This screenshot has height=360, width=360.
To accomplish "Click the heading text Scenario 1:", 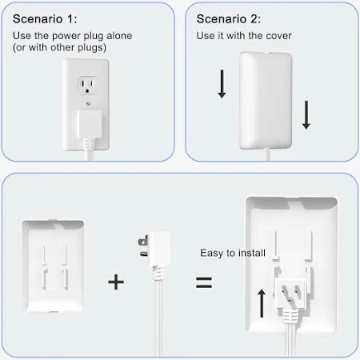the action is pyautogui.click(x=45, y=19).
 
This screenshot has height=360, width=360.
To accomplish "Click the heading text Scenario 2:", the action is pyautogui.click(x=229, y=19).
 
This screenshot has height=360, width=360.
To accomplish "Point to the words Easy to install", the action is pyautogui.click(x=233, y=253).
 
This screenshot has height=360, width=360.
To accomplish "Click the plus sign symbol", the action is pyautogui.click(x=116, y=282).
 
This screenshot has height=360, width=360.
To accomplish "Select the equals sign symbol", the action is pyautogui.click(x=204, y=282).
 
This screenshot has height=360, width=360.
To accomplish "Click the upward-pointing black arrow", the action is pyautogui.click(x=262, y=303).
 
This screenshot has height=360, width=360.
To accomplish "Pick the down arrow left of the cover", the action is pyautogui.click(x=222, y=84).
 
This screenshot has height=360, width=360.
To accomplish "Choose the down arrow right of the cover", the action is pyautogui.click(x=306, y=114).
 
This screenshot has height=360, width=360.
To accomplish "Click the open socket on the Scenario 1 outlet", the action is pyautogui.click(x=86, y=86).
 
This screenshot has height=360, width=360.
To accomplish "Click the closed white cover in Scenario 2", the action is pyautogui.click(x=266, y=100).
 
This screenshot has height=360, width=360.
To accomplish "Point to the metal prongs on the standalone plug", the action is pyautogui.click(x=143, y=246).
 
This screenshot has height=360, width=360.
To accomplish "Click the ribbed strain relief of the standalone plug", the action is pyautogui.click(x=159, y=273).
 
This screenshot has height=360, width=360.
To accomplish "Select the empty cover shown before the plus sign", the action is pyautogui.click(x=53, y=266).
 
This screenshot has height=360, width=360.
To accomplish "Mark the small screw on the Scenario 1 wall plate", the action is pyautogui.click(x=88, y=103).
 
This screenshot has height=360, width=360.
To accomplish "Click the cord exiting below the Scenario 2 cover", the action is pyautogui.click(x=268, y=154).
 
